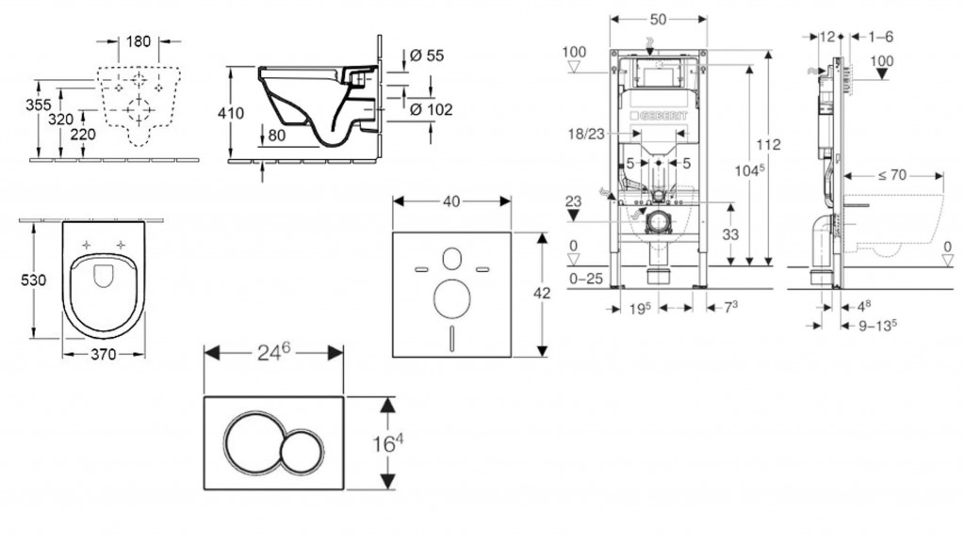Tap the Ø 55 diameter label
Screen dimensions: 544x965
[x=429, y=56]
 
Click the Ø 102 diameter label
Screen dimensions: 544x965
[x=433, y=110]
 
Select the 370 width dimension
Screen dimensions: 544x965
[x=104, y=356]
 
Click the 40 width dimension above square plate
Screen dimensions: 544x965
[x=452, y=201]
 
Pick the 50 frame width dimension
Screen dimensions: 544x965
[x=658, y=19]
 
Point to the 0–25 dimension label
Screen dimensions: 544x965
[x=585, y=280]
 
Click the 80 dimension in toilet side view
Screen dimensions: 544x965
[x=277, y=135]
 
